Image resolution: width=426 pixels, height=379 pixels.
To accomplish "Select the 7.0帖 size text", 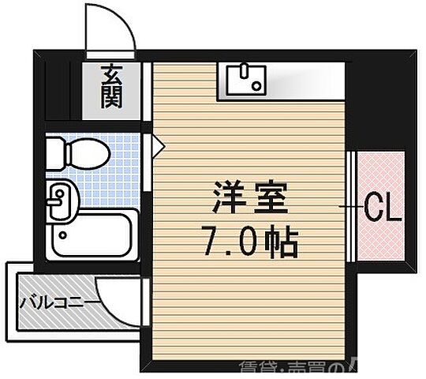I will coord(251,242).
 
